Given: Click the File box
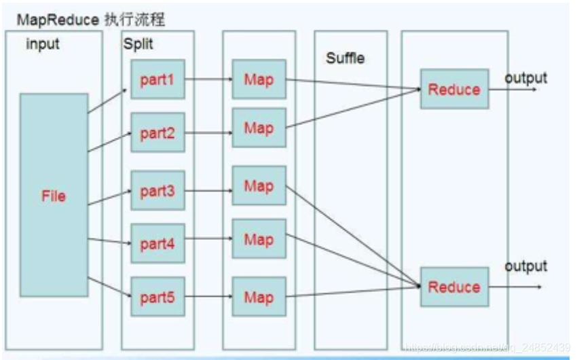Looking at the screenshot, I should (54, 195).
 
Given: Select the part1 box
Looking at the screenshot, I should (157, 79).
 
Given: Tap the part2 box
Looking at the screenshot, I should (157, 132).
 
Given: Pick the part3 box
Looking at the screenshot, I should (157, 191).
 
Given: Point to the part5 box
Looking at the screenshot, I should (157, 297).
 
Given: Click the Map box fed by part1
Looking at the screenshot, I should (259, 79).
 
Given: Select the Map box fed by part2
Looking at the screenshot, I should (259, 128).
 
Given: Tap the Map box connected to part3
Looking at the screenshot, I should (259, 186).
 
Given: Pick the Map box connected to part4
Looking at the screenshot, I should (259, 239).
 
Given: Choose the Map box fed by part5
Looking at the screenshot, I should (259, 297).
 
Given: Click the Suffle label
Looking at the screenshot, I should (345, 58).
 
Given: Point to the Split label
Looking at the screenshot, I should (138, 43).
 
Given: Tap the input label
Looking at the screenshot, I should (43, 44).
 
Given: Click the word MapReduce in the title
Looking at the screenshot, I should (58, 20).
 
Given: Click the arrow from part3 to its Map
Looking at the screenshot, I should (208, 191).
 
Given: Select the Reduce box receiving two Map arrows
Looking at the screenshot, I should (454, 89).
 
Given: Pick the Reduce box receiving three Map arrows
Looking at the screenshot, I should (454, 287).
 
